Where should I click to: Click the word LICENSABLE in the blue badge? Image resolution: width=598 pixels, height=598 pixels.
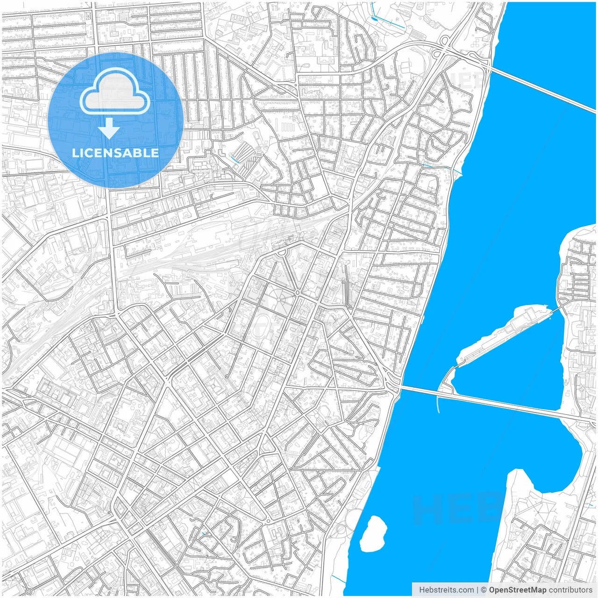[115, 153]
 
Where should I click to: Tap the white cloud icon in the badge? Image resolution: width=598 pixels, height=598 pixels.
[114, 93]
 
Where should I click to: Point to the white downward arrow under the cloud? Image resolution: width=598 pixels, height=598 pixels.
[109, 128]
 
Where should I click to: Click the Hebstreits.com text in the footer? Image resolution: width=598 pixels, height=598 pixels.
[446, 590]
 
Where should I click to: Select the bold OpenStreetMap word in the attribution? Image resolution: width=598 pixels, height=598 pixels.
[517, 590]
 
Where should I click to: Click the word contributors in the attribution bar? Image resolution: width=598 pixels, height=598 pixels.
[570, 590]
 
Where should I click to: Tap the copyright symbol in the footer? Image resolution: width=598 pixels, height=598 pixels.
[484, 590]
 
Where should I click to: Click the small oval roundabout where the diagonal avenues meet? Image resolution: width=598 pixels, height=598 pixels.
[298, 292]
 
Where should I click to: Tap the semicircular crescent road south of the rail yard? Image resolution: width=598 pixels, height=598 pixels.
[282, 253]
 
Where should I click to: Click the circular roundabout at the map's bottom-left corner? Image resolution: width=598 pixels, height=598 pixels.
[29, 591]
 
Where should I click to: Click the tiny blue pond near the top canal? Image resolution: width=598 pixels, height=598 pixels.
[375, 19]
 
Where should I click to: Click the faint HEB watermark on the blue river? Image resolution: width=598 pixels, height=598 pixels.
[456, 509]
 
